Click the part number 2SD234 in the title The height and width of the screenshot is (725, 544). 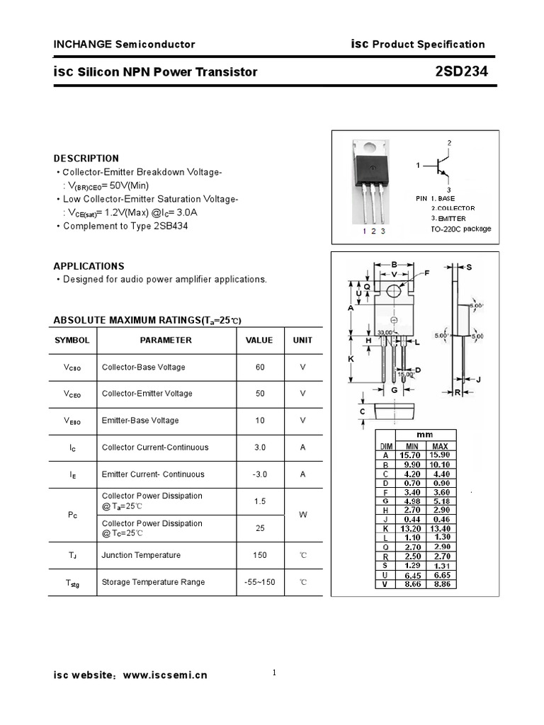tap(462, 72)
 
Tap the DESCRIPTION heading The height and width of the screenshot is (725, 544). tap(86, 158)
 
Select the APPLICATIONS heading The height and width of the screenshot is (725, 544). tap(89, 266)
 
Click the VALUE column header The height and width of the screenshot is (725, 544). tap(259, 341)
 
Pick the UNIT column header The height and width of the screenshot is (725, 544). tap(302, 341)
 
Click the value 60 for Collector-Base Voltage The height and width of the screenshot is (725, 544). tap(259, 367)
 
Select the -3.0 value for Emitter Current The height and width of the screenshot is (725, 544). tap(259, 474)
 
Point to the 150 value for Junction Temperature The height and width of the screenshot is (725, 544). tap(259, 555)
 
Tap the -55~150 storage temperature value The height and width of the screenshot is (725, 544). tap(259, 582)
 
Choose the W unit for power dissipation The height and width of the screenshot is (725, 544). tap(302, 515)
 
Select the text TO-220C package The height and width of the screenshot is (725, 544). tap(460, 229)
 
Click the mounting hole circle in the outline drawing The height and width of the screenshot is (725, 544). tap(394, 289)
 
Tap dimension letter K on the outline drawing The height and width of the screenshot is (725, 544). tap(351, 360)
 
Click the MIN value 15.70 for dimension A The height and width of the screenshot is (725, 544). tap(411, 455)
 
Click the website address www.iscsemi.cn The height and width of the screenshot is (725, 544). tap(165, 675)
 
